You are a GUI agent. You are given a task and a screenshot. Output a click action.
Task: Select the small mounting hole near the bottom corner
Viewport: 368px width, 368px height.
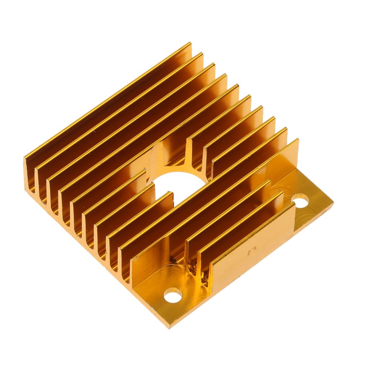[x=172, y=295]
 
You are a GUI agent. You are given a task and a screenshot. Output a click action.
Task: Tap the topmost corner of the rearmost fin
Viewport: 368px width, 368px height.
[x=190, y=43]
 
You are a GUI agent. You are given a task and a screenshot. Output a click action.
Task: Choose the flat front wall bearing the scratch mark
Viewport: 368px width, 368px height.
[x=252, y=248]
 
